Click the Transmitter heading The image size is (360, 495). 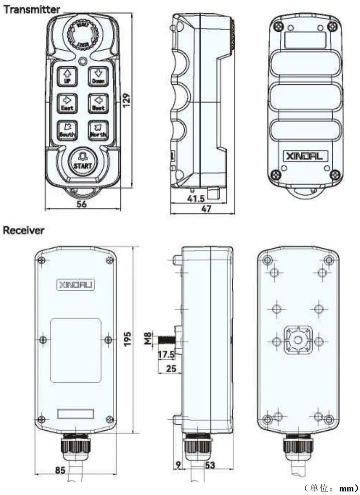[32, 9]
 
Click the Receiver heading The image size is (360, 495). [24, 230]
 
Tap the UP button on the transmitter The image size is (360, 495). [67, 75]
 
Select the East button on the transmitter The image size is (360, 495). [67, 102]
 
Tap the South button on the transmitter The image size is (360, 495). [67, 129]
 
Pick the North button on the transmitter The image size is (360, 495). [98, 129]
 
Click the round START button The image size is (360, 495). [82, 160]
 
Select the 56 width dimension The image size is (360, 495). [82, 204]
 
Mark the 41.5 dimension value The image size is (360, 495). [196, 198]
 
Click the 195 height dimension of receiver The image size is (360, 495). [128, 338]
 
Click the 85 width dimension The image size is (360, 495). [61, 470]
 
